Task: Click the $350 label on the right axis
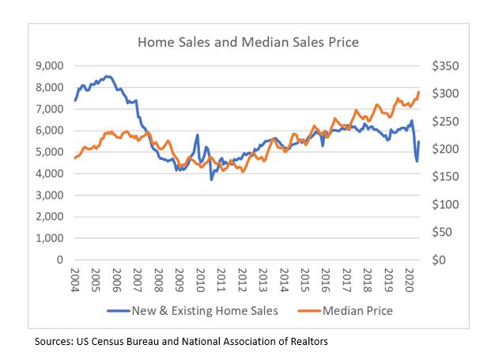click(439, 66)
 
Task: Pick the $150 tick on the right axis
click(439, 176)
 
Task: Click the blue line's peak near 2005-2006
click(108, 76)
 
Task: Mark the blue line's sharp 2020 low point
click(417, 161)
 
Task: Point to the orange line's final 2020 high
click(418, 93)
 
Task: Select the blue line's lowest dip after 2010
click(211, 180)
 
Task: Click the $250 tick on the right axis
click(439, 121)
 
